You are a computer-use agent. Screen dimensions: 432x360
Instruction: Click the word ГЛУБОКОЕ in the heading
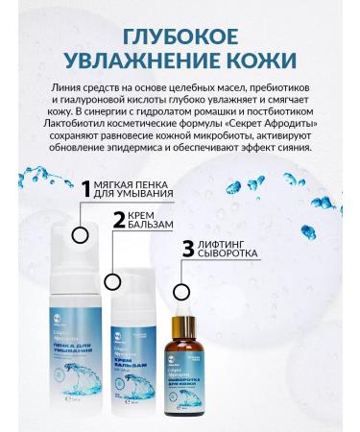180,36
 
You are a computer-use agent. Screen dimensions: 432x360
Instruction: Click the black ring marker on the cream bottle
112,283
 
